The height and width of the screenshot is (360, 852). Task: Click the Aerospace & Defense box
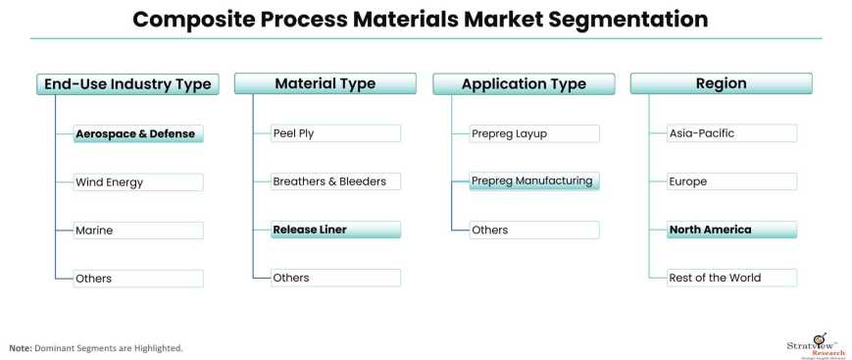pyautogui.click(x=138, y=133)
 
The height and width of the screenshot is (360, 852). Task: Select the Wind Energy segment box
pyautogui.click(x=138, y=181)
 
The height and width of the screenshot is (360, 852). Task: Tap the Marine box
pyautogui.click(x=138, y=231)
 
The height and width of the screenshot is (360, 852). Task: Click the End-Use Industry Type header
pyautogui.click(x=127, y=83)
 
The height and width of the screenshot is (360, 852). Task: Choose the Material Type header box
pyautogui.click(x=325, y=83)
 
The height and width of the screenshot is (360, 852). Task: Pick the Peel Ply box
pyautogui.click(x=335, y=133)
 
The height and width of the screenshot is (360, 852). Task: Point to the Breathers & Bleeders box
pyautogui.click(x=335, y=181)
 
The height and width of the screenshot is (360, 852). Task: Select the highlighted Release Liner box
pyautogui.click(x=335, y=231)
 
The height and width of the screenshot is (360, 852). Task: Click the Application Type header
pyautogui.click(x=523, y=83)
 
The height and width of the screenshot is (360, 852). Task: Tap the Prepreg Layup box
pyautogui.click(x=533, y=133)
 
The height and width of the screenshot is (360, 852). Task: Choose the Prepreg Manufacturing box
pyautogui.click(x=533, y=181)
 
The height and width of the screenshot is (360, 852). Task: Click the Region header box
pyautogui.click(x=721, y=83)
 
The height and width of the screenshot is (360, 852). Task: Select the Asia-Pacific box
pyautogui.click(x=731, y=133)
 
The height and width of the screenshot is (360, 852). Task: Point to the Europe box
pyautogui.click(x=731, y=181)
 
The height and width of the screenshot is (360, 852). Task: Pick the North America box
pyautogui.click(x=731, y=231)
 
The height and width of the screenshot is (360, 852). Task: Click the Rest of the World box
pyautogui.click(x=731, y=278)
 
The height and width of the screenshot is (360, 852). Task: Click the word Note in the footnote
pyautogui.click(x=20, y=348)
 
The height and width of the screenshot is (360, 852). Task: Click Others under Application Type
pyautogui.click(x=533, y=231)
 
